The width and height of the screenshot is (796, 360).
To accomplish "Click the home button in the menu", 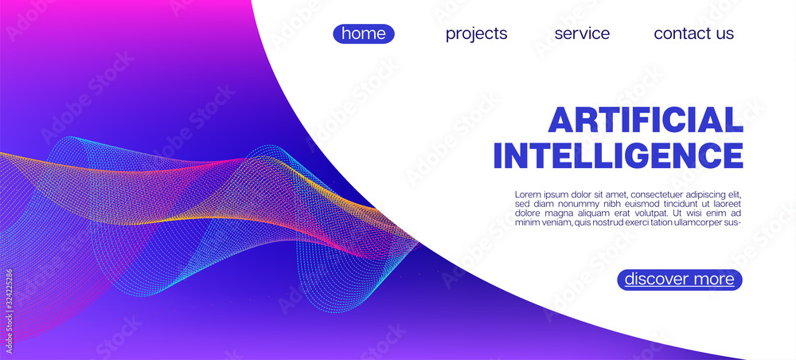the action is (x=364, y=33).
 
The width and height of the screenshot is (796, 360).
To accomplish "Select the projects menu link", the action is (x=476, y=34).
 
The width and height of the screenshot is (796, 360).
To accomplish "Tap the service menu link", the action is (x=582, y=33).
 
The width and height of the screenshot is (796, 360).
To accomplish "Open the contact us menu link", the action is (x=693, y=33).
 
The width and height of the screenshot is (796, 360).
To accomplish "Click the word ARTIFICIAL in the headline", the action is (x=646, y=119).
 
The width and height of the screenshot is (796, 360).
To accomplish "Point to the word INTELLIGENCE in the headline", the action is (x=618, y=155).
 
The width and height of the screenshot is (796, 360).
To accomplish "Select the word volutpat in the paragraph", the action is (x=647, y=213).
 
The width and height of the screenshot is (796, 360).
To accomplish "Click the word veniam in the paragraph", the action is (x=554, y=222).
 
